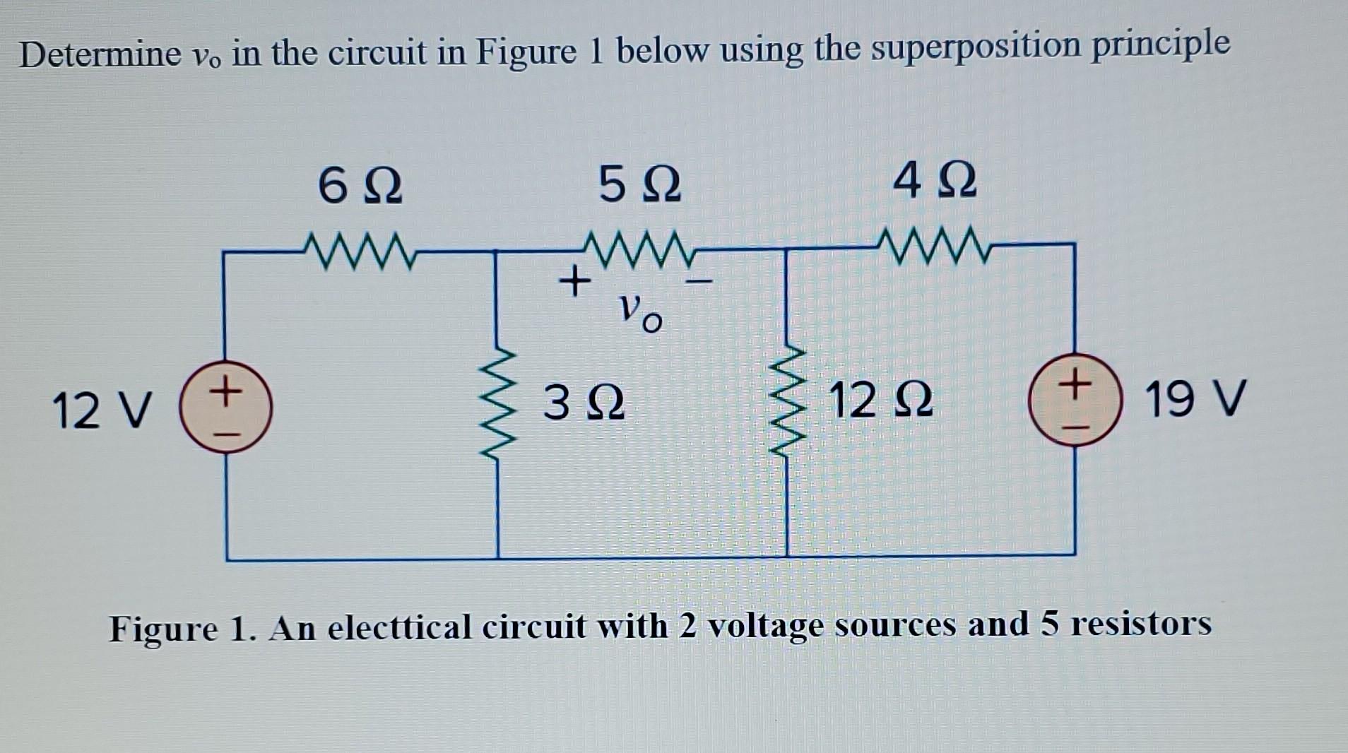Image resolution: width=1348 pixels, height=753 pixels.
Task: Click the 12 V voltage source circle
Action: click(x=225, y=409)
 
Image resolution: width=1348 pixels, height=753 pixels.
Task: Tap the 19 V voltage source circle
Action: click(x=1074, y=400)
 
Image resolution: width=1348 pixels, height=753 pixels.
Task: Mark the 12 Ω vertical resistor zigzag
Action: click(x=788, y=401)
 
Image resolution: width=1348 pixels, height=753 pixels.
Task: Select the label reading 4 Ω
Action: click(x=934, y=181)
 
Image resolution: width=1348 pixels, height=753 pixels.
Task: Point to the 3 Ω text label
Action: click(x=584, y=403)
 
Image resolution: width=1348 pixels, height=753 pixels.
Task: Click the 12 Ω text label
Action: click(x=880, y=400)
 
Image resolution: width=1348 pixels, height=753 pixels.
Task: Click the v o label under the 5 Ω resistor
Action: click(x=639, y=312)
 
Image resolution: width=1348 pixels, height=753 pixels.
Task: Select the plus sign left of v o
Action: click(x=575, y=282)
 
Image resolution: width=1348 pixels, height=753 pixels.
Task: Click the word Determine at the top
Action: click(x=100, y=54)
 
